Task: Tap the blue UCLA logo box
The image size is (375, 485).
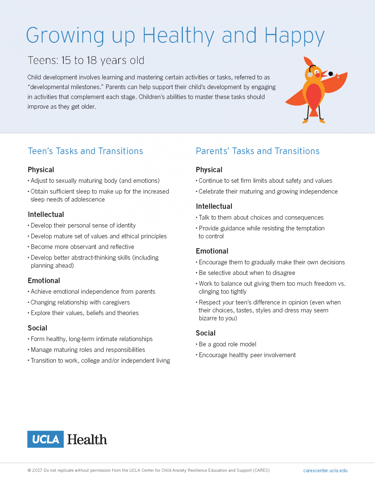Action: coord(45,439)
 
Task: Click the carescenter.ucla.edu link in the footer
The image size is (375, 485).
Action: coord(325,470)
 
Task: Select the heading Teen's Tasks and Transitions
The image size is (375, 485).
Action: coord(85,151)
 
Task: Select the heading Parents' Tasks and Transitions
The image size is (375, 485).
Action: coord(257,151)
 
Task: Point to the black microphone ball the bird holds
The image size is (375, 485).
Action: coord(330,74)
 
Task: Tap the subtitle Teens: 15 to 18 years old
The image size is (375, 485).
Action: coord(86,60)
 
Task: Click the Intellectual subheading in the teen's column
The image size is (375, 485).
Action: coord(46,215)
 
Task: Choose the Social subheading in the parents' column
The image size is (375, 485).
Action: coord(206,333)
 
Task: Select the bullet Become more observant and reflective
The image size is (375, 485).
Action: coord(82,247)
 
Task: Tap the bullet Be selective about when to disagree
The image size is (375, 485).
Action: coord(247,273)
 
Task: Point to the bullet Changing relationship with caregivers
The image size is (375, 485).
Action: coord(80,302)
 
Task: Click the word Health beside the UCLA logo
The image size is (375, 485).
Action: coord(87,440)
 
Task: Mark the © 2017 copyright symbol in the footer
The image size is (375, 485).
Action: coord(29,470)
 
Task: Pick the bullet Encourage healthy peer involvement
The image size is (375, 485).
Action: coord(247,355)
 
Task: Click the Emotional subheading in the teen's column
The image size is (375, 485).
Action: coord(44,281)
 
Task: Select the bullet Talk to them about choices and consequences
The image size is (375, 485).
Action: coord(261,218)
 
